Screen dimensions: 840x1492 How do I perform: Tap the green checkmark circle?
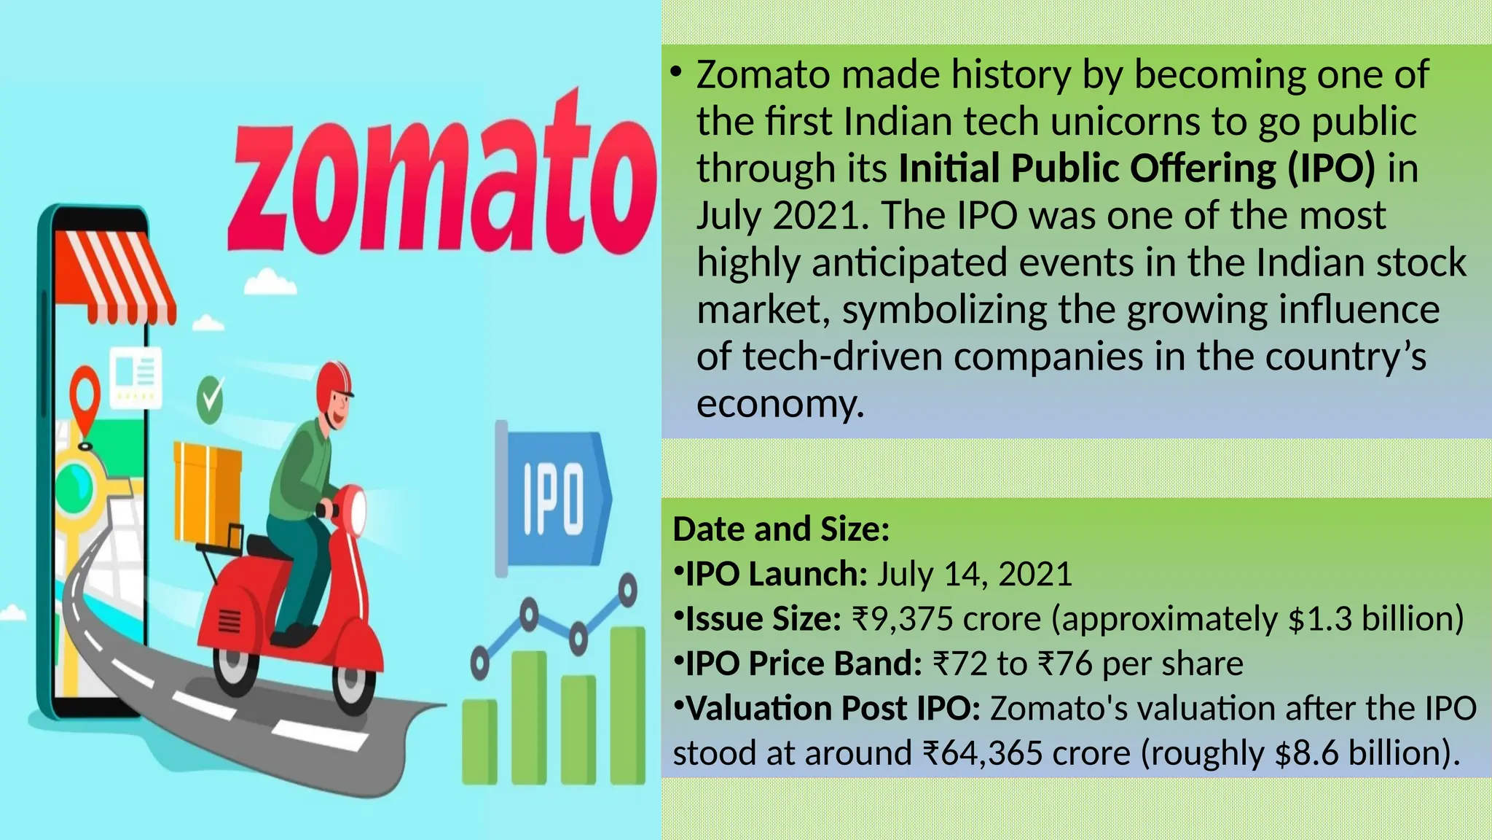(x=211, y=400)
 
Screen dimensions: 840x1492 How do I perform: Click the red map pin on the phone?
(x=85, y=397)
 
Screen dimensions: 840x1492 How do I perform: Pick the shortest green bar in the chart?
(x=479, y=741)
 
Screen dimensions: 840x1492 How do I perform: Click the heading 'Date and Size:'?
(x=781, y=529)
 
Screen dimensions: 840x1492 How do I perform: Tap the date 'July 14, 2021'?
(x=974, y=575)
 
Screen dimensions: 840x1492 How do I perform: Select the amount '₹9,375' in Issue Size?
(x=902, y=619)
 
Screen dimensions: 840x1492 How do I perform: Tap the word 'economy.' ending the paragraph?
(x=780, y=403)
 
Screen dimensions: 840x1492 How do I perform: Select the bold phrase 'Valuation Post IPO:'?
(x=833, y=709)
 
